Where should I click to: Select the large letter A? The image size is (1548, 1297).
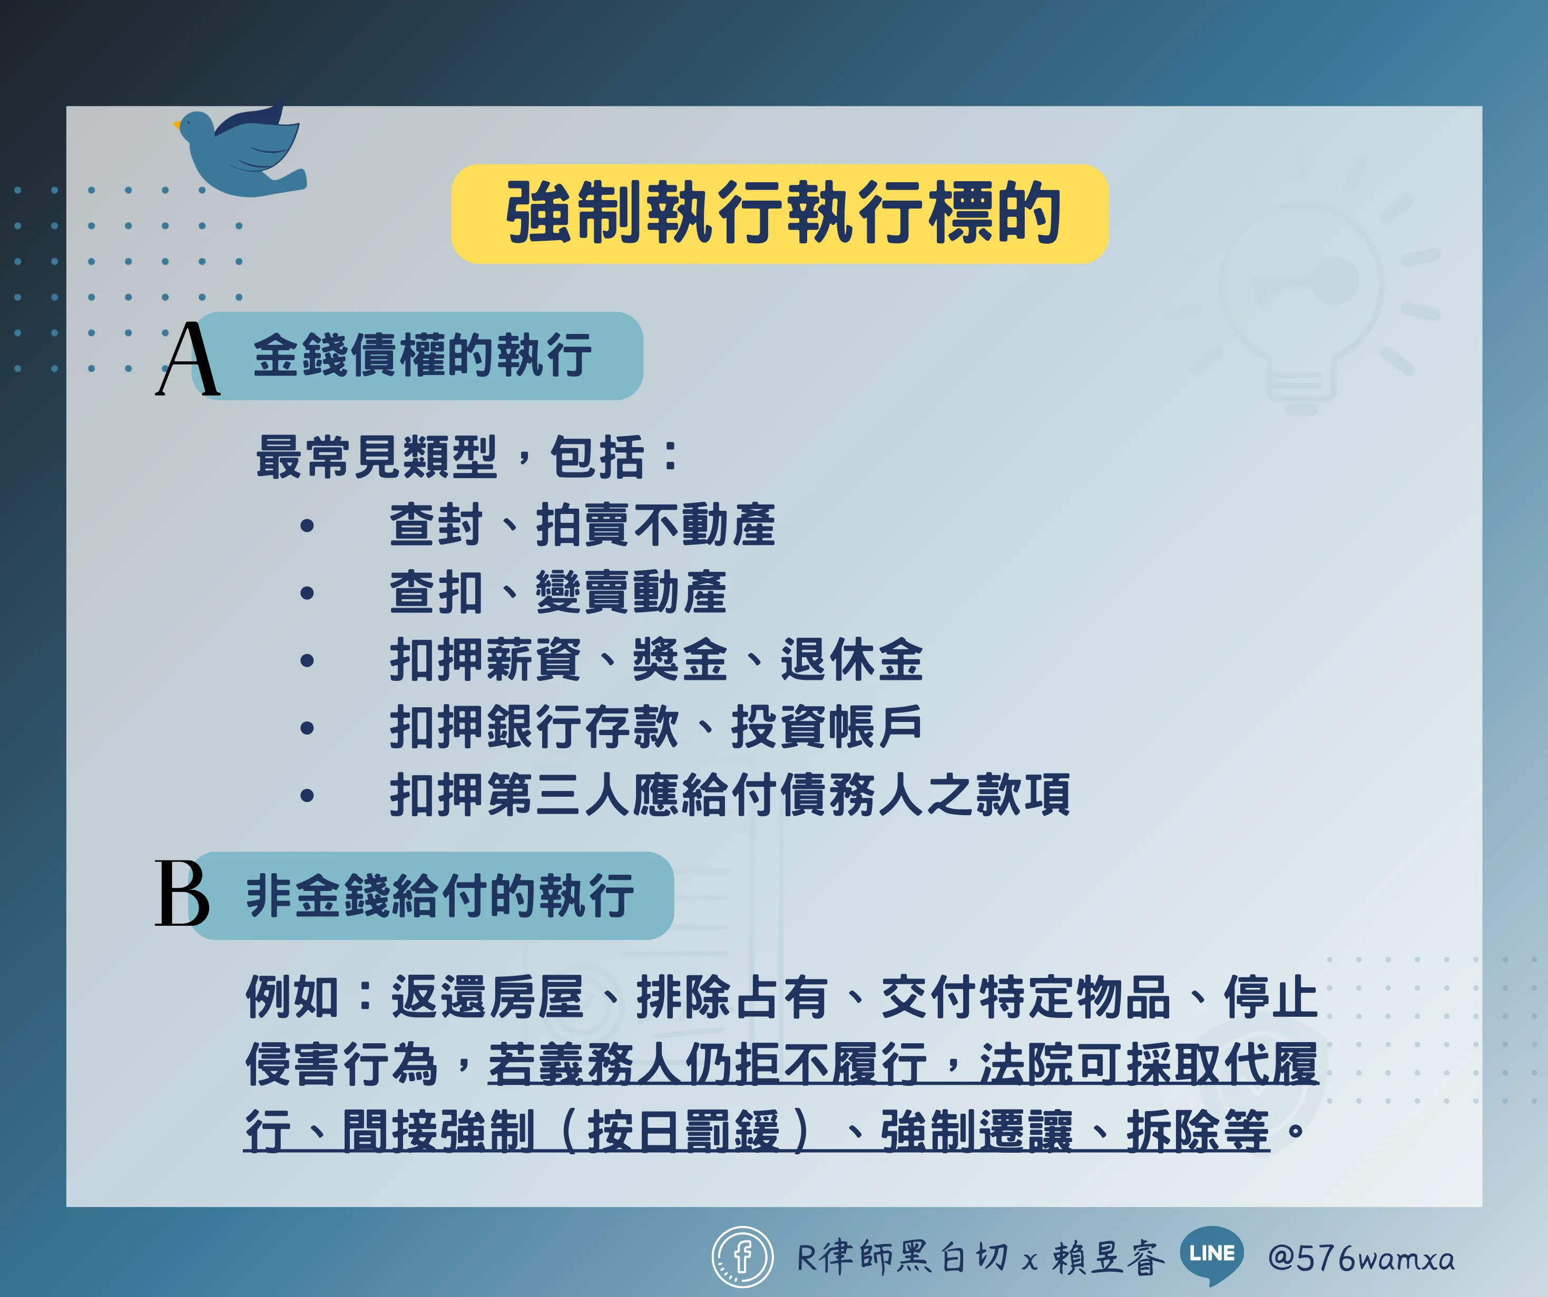(188, 359)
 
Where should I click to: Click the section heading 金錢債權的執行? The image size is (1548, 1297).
(423, 355)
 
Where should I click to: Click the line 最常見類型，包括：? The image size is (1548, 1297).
(467, 457)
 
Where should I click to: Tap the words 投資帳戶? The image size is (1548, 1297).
(826, 727)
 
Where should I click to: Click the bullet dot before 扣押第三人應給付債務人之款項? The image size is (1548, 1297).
(307, 795)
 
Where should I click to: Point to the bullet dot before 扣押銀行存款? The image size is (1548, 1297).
(307, 728)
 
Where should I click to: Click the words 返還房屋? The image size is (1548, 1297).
(487, 996)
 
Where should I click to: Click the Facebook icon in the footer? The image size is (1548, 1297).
(742, 1257)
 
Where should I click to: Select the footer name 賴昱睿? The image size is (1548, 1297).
(1108, 1257)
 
